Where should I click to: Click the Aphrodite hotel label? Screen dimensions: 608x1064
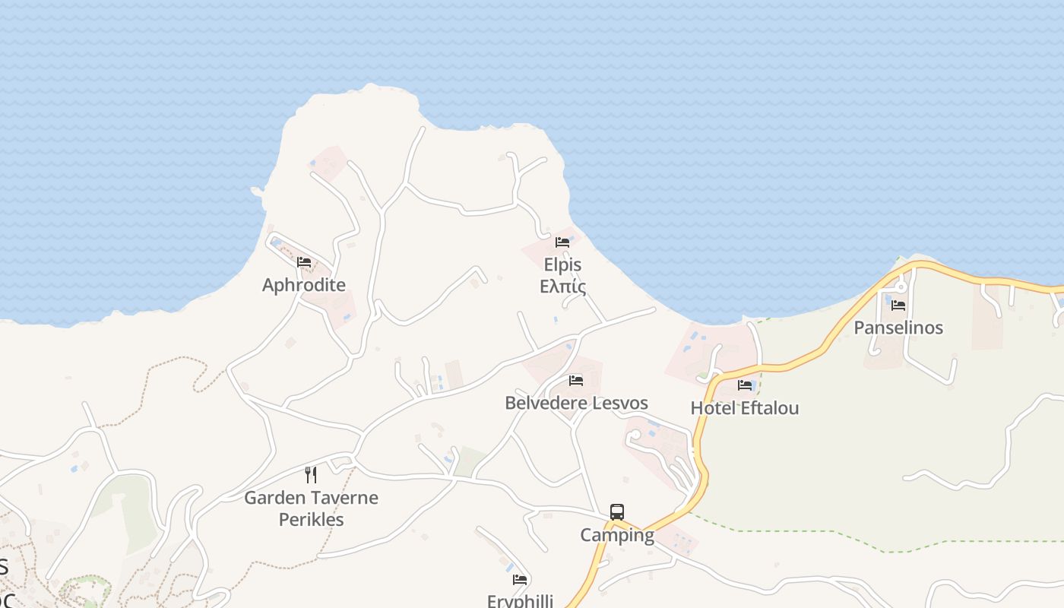304,285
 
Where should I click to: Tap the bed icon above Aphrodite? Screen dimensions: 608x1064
304,262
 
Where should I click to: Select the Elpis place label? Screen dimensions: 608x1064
562,264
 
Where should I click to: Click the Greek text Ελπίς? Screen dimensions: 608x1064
562,287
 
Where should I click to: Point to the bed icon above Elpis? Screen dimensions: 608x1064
562,242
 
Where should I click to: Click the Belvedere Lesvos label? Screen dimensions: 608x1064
576,403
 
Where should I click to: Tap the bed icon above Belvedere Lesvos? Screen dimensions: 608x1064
576,380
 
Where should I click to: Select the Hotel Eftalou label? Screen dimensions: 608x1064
744,408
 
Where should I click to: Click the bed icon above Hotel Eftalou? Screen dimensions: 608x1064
745,385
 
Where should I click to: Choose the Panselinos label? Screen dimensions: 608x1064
898,328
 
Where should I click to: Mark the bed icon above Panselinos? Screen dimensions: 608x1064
898,306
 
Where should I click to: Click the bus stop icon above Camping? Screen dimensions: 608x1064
617,512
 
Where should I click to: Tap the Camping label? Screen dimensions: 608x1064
617,535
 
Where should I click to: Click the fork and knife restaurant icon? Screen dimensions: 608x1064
310,475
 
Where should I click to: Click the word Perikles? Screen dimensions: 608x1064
311,520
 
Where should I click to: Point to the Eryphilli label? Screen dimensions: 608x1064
520,600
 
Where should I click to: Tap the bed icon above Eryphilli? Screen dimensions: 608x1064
520,579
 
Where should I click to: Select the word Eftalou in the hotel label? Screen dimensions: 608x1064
769,408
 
